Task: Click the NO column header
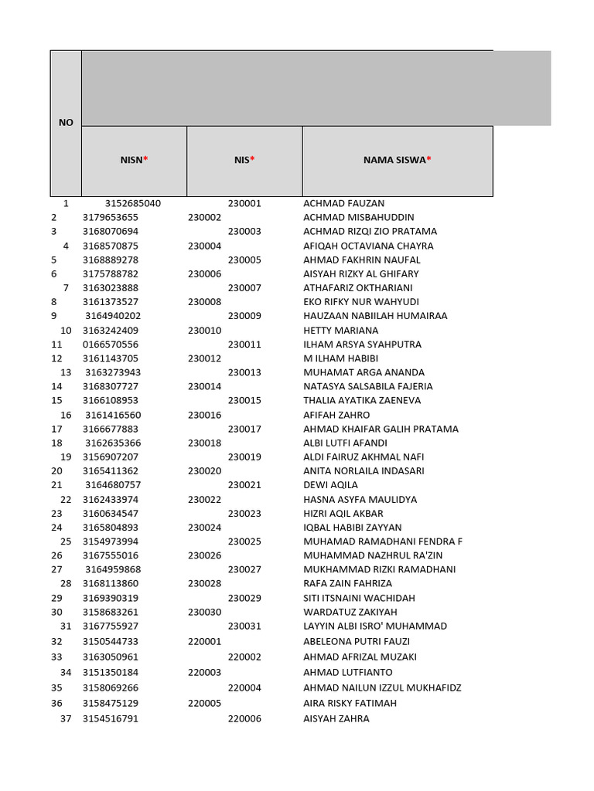66,123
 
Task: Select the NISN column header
134,161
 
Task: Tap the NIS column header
244,161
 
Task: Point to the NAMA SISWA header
398,161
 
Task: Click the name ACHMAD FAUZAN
344,203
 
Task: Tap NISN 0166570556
111,345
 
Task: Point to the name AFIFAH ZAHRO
336,415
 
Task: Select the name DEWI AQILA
331,485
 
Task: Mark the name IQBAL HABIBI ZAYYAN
353,528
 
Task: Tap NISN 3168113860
111,584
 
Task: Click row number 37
66,718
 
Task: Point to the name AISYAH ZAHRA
336,718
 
